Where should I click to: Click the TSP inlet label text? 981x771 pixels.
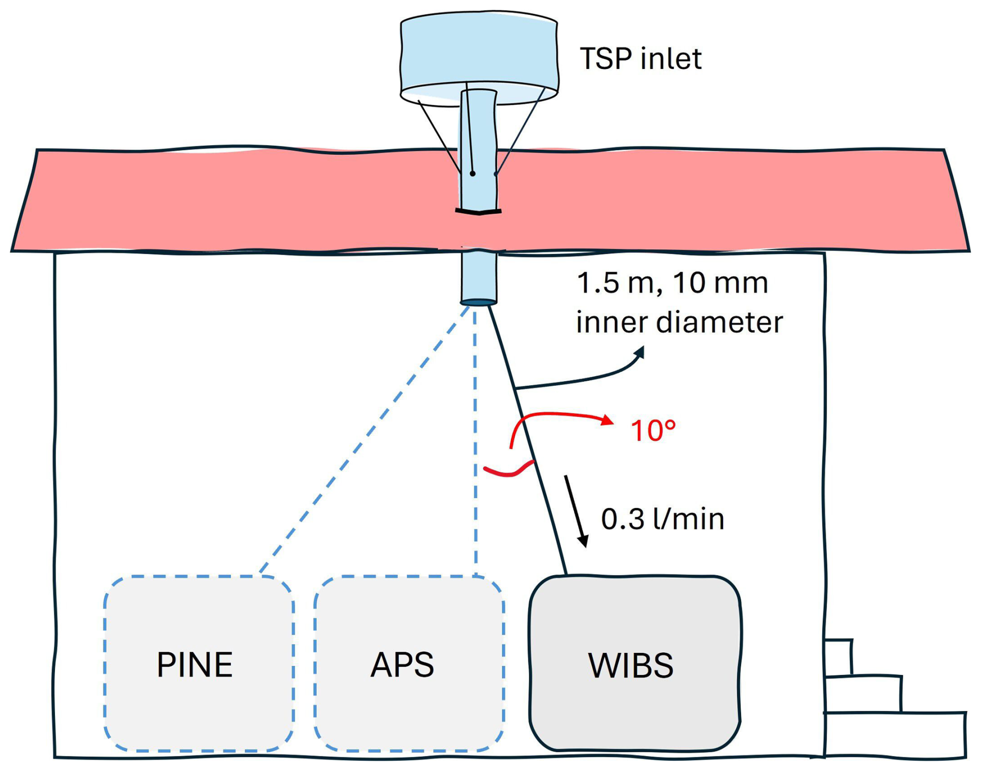[640, 58]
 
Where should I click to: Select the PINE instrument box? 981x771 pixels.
[199, 663]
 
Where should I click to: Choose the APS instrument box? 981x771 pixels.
[409, 663]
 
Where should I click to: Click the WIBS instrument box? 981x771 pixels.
[634, 663]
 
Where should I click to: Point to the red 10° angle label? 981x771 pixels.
[653, 431]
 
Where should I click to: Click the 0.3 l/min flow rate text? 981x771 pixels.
[662, 519]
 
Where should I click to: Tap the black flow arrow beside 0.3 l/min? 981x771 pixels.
[576, 511]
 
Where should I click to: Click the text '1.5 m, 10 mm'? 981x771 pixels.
[672, 283]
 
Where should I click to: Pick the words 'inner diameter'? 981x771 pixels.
[679, 323]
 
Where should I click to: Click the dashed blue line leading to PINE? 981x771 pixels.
[363, 440]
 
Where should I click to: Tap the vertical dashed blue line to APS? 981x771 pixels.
[475, 441]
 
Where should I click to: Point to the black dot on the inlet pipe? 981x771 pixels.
[472, 174]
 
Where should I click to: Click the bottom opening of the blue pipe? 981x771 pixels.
[479, 302]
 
